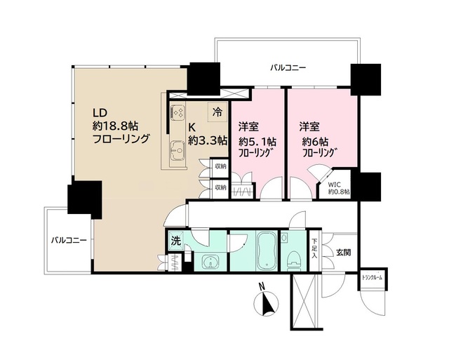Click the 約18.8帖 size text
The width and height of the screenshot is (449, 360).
tap(116, 126)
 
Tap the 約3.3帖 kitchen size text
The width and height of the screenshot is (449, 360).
tap(208, 140)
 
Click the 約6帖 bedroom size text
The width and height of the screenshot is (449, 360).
tap(316, 140)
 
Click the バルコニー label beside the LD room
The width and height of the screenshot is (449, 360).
tap(68, 240)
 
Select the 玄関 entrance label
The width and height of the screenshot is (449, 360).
tap(343, 252)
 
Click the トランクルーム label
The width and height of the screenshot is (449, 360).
tap(373, 278)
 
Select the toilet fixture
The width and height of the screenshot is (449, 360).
tap(293, 255)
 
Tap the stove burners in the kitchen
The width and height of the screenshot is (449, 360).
tap(177, 113)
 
